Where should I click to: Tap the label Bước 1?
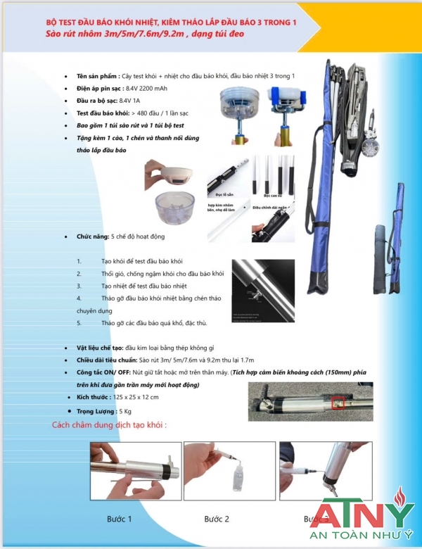pyautogui.click(x=120, y=519)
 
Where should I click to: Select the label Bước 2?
pyautogui.click(x=217, y=519)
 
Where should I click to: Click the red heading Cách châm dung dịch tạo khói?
pyautogui.click(x=109, y=425)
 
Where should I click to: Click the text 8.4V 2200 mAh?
pyautogui.click(x=147, y=89)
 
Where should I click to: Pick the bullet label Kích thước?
pyautogui.click(x=94, y=397)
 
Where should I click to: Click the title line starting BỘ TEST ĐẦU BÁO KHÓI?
pyautogui.click(x=171, y=23)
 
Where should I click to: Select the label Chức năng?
pyautogui.click(x=92, y=237)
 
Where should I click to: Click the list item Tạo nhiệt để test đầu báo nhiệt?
pyautogui.click(x=144, y=286)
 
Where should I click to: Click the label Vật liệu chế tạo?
pyautogui.click(x=99, y=348)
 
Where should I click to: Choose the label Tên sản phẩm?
pyautogui.click(x=96, y=76)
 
